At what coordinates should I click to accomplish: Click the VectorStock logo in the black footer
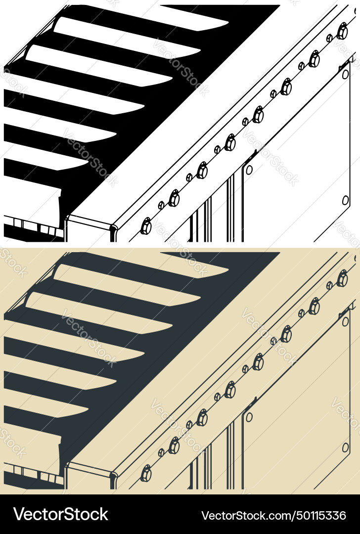click(x=60, y=514)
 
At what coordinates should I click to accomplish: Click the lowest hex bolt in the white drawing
click(x=146, y=226)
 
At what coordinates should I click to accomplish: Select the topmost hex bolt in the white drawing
click(x=342, y=32)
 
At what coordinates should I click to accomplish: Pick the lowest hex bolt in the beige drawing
click(x=146, y=474)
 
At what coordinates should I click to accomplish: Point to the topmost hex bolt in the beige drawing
click(x=342, y=279)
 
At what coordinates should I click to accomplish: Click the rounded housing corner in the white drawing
click(x=114, y=230)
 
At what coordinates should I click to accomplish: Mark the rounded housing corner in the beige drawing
click(x=114, y=477)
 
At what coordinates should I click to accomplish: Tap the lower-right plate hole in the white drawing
click(x=346, y=200)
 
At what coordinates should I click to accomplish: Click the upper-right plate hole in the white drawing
click(x=346, y=74)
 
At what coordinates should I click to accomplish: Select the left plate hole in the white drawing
click(x=249, y=170)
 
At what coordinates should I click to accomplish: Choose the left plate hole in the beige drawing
click(x=249, y=417)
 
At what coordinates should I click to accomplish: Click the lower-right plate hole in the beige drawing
click(x=346, y=447)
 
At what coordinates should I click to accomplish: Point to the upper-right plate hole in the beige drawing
click(x=346, y=321)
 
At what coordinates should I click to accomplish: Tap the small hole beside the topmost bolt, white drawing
click(x=329, y=38)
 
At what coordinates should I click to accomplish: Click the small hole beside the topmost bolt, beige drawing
click(x=329, y=285)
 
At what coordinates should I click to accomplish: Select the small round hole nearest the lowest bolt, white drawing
click(x=161, y=205)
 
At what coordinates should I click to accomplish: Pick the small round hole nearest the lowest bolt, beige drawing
click(x=161, y=452)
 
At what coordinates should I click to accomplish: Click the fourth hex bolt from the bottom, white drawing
click(x=230, y=142)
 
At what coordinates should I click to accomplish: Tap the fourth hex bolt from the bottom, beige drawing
click(x=230, y=390)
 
